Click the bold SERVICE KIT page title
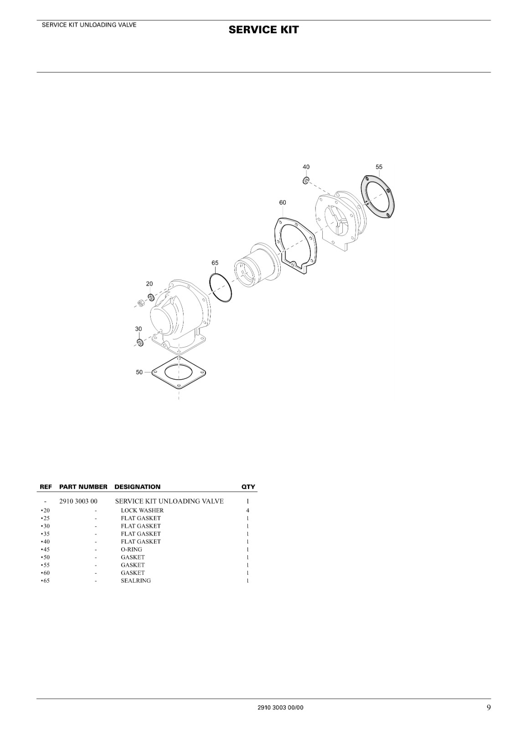(x=263, y=30)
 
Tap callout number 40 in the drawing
(x=306, y=167)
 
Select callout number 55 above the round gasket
(x=379, y=167)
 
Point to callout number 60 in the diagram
(x=283, y=203)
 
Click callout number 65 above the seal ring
(x=215, y=263)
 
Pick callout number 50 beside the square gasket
(x=139, y=372)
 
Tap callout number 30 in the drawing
(x=139, y=329)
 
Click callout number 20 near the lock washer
(x=149, y=284)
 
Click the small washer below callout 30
(x=139, y=343)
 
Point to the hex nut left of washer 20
(x=141, y=304)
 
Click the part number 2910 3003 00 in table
(x=78, y=501)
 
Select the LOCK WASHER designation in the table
(x=142, y=511)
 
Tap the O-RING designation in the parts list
(x=132, y=549)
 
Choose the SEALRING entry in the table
(x=136, y=581)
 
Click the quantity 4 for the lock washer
(x=248, y=511)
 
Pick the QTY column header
(x=248, y=487)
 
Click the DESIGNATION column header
(x=137, y=487)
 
